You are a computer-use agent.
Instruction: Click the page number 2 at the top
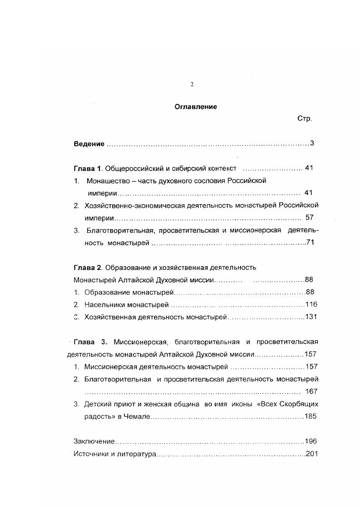tap(192, 84)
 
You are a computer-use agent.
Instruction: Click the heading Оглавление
tap(196, 107)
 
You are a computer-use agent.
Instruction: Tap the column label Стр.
tap(304, 119)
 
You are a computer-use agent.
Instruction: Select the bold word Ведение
tap(89, 144)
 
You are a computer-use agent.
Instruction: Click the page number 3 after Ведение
tap(312, 144)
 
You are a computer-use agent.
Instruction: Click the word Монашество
tap(106, 181)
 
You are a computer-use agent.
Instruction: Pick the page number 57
tap(310, 217)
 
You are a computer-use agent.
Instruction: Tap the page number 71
tap(311, 243)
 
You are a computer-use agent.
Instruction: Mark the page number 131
tap(311, 317)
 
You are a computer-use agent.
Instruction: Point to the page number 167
tap(311, 392)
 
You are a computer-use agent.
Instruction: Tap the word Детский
tap(97, 404)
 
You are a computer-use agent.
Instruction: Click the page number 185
tap(311, 416)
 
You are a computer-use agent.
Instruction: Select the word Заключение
tap(94, 441)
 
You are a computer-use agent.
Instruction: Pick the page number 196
tap(311, 441)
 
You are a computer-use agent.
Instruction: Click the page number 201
tap(311, 454)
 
